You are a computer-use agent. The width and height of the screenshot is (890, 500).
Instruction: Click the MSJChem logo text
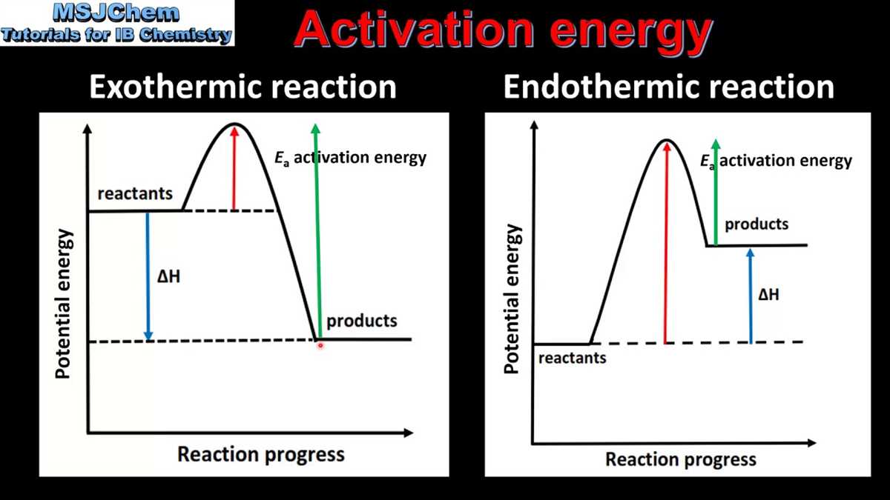pyautogui.click(x=117, y=13)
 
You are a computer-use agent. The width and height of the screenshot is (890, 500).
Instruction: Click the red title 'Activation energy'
pyautogui.click(x=503, y=33)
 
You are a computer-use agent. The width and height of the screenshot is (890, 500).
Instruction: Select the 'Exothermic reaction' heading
pyautogui.click(x=243, y=87)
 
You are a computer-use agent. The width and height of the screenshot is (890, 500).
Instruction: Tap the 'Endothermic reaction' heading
pyautogui.click(x=668, y=87)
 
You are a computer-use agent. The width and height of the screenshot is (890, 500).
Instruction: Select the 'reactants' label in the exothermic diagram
pyautogui.click(x=135, y=194)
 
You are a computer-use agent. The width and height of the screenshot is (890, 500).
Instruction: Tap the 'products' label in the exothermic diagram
pyautogui.click(x=362, y=321)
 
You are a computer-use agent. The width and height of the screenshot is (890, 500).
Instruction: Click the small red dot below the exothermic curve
pyautogui.click(x=320, y=345)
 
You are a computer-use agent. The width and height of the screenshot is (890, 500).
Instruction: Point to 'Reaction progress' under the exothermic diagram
pyautogui.click(x=260, y=454)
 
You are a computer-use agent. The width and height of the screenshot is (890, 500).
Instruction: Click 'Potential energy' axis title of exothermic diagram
pyautogui.click(x=65, y=304)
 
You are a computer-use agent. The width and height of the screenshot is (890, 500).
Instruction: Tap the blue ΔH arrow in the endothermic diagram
pyautogui.click(x=751, y=296)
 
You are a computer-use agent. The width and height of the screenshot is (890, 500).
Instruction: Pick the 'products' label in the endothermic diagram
pyautogui.click(x=756, y=224)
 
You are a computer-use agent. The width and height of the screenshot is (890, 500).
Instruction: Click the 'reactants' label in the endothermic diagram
pyautogui.click(x=572, y=359)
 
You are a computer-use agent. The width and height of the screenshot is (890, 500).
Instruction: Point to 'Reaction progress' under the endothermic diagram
pyautogui.click(x=681, y=459)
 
